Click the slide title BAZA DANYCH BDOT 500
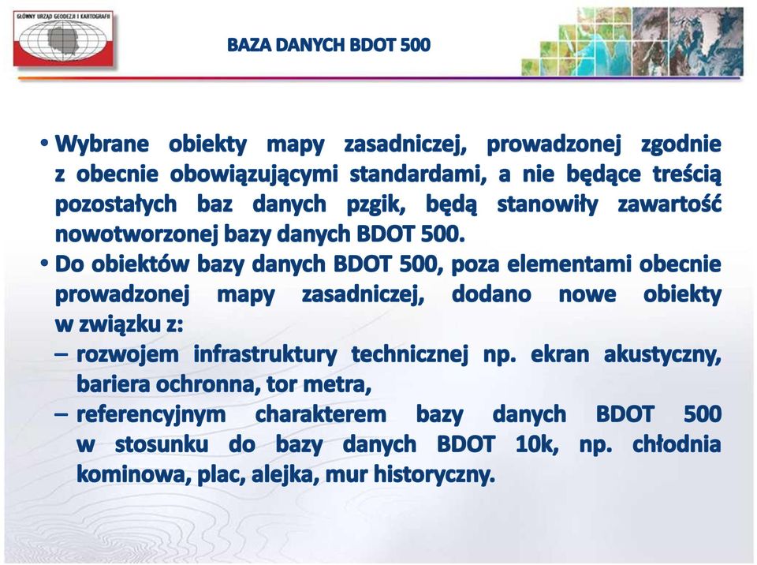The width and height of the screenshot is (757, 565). point(328,45)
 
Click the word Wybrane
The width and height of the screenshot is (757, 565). point(102,144)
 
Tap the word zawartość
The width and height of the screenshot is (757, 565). point(669,204)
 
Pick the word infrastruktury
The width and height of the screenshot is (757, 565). point(265,354)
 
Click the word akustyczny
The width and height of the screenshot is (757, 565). point(662,355)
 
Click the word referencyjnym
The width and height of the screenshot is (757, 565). point(151,415)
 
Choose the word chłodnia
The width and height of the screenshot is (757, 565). point(677,444)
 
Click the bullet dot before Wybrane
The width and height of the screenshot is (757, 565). point(45,144)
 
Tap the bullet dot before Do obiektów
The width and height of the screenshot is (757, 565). point(45,264)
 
